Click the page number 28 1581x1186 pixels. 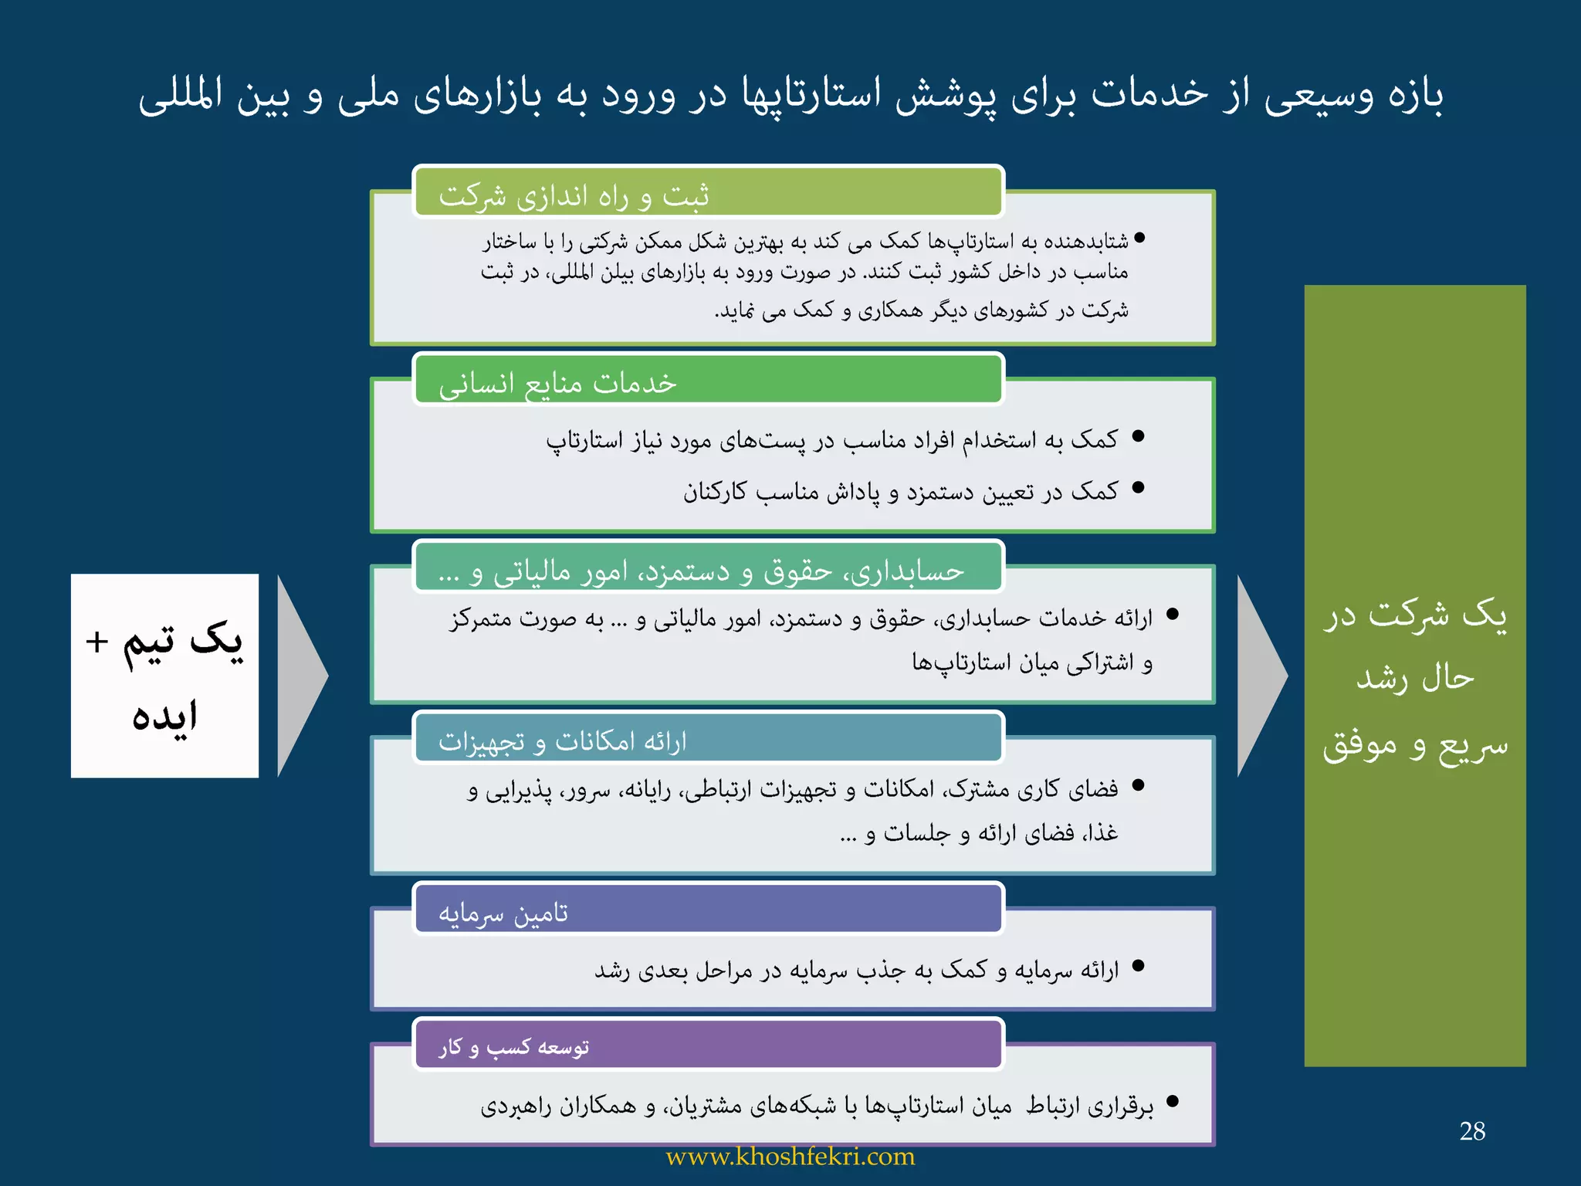[1472, 1131]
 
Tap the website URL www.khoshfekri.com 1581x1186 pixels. [790, 1157]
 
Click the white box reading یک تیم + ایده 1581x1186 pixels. [164, 676]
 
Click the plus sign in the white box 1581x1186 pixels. [96, 642]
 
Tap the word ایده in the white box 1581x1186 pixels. [164, 716]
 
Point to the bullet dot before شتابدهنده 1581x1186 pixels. [1139, 239]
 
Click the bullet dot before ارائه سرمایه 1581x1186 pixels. [1138, 966]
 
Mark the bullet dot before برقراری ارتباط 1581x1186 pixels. [1173, 1101]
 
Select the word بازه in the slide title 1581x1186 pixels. [1415, 96]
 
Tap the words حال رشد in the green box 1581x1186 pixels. [1415, 678]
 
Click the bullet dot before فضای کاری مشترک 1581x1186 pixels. [1138, 785]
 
